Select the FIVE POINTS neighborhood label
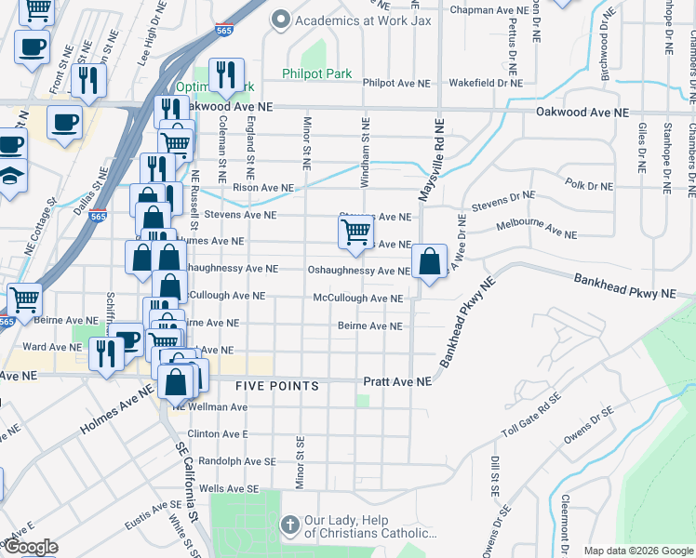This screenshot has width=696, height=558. coord(277,385)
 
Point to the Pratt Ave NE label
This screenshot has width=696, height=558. coord(397,382)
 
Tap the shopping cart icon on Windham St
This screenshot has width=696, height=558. coord(355,232)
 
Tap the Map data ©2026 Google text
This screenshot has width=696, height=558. coord(638,551)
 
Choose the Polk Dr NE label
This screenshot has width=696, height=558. coord(589,185)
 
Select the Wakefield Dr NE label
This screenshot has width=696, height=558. coord(485,83)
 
